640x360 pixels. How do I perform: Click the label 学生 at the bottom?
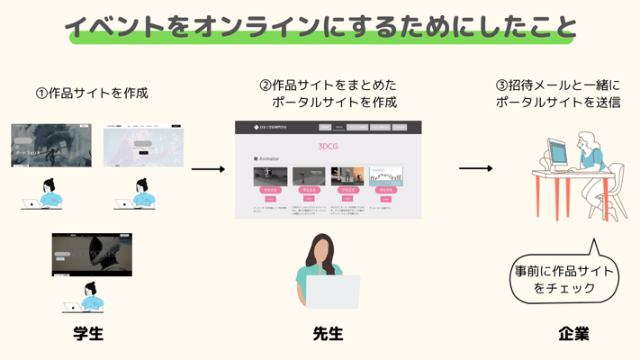click(88, 334)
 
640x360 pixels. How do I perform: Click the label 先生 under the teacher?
click(328, 334)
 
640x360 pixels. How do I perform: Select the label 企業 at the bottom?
click(573, 334)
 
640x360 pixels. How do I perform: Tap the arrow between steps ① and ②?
click(208, 169)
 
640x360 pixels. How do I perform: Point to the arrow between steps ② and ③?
click(476, 168)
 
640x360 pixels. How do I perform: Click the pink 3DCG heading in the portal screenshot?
click(329, 145)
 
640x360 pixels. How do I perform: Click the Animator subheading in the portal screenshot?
click(268, 159)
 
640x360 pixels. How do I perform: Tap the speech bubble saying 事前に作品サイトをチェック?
click(564, 279)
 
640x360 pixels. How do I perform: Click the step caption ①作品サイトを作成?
click(92, 93)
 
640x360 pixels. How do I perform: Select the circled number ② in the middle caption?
click(266, 85)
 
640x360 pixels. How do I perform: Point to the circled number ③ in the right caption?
click(502, 85)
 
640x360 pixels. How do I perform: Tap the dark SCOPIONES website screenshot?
click(92, 254)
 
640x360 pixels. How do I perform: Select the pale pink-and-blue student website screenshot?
click(143, 147)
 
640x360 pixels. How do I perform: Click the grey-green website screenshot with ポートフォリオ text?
click(51, 146)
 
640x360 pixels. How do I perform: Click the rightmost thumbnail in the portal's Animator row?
click(386, 175)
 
